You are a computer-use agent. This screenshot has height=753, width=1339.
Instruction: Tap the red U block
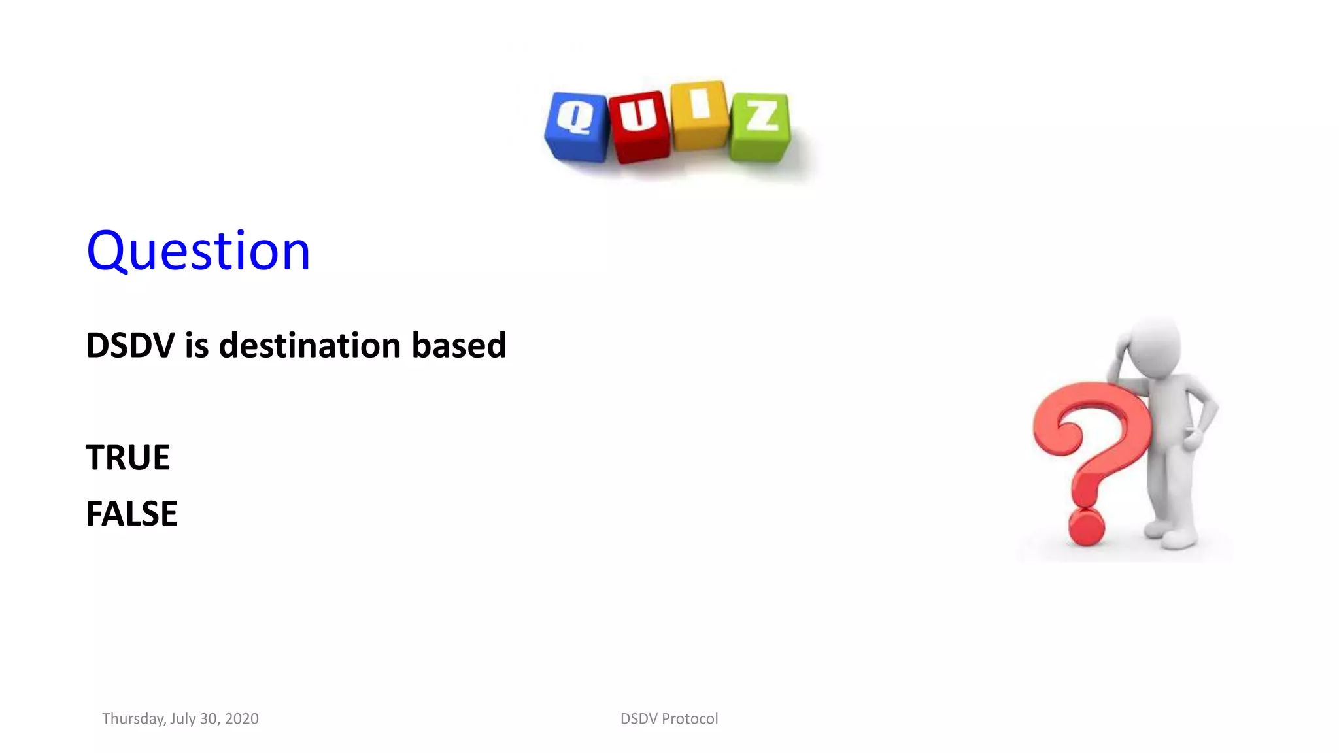639,127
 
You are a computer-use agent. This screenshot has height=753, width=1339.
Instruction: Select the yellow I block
700,116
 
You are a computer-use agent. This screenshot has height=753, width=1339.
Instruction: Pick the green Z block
760,127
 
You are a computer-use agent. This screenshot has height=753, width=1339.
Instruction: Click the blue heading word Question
198,251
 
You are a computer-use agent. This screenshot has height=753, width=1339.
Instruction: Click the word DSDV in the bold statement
130,345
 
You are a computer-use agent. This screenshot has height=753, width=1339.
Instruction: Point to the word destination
309,345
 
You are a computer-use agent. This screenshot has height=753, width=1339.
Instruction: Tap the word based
459,345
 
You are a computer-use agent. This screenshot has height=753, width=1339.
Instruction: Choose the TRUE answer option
128,458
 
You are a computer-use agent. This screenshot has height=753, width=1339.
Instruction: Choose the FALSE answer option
131,514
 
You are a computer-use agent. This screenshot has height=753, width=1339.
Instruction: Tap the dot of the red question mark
1086,527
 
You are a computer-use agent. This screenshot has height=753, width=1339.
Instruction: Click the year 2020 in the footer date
241,719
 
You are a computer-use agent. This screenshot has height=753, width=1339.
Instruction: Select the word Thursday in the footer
133,719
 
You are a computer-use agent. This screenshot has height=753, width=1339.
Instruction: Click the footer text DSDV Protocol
669,719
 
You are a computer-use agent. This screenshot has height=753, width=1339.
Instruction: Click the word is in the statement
196,345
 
